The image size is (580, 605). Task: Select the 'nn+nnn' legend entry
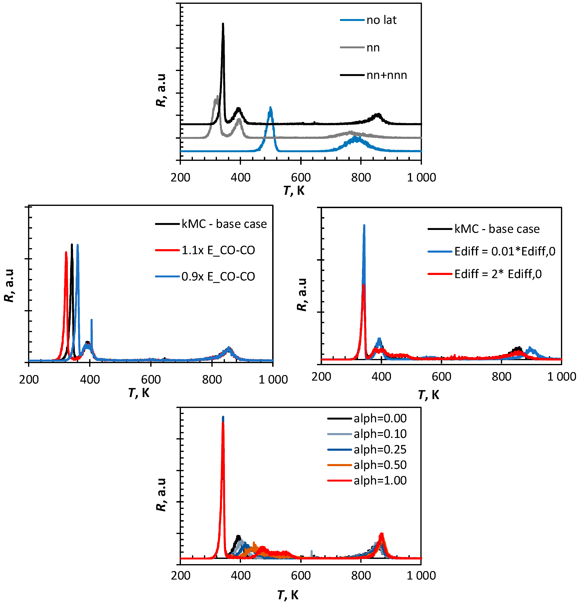[386, 75]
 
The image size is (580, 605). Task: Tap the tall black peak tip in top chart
[223, 24]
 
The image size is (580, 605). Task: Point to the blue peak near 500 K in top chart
[270, 108]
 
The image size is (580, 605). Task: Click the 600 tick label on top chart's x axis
[301, 177]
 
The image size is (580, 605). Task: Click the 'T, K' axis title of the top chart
[294, 191]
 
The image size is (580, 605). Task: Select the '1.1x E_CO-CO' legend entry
[218, 250]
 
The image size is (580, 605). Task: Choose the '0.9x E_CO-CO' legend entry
[218, 276]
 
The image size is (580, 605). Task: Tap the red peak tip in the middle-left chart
[66, 252]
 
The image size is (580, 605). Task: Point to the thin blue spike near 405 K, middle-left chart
[91, 320]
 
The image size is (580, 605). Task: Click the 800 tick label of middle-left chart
[212, 379]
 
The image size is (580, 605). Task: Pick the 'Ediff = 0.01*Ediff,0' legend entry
[505, 251]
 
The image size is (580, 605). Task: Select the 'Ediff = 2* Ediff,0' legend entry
[498, 274]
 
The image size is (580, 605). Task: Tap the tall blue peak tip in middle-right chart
[364, 226]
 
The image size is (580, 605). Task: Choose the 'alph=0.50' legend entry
[380, 465]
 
